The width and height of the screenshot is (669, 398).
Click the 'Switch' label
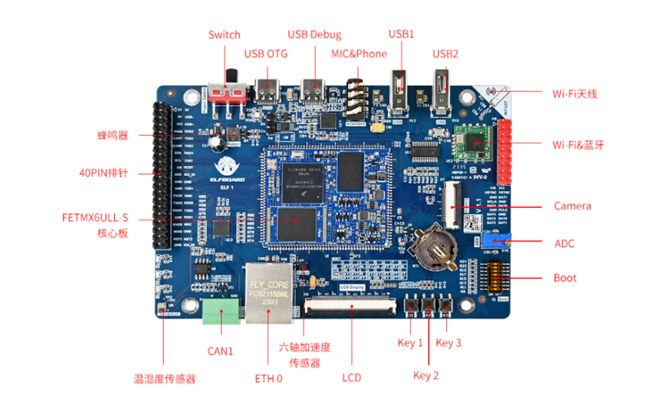coord(224,35)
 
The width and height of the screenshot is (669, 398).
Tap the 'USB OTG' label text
coord(265,54)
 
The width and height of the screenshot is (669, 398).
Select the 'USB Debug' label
coord(314,35)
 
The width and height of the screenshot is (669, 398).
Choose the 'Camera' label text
coord(572,206)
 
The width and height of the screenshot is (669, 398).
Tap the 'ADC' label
coord(564,243)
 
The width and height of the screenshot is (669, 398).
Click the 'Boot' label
coord(565,278)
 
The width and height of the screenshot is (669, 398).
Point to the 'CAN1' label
coord(220,351)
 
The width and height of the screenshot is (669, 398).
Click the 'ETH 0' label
coord(268,378)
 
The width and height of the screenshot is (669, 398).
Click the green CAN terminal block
coord(220,310)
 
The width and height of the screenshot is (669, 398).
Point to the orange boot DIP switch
coord(498,279)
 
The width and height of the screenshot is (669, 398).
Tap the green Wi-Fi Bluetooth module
coord(474,140)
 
